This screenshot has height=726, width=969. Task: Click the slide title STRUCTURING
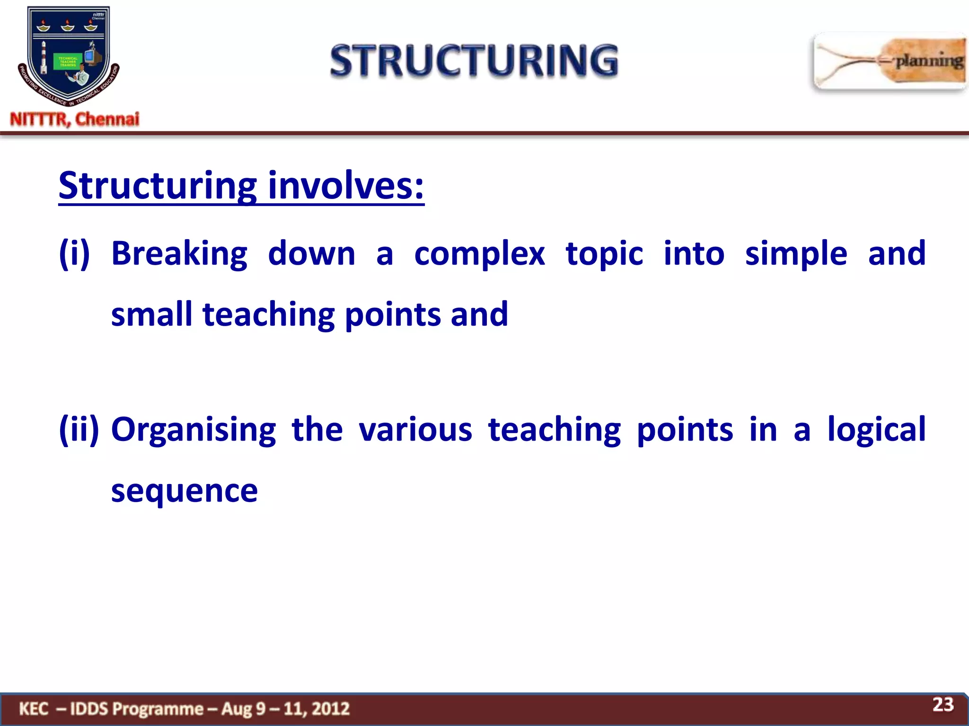point(474,60)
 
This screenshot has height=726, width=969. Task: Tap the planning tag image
point(890,61)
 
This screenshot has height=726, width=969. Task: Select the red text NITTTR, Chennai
point(75,119)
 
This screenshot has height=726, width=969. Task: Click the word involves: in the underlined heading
point(346,185)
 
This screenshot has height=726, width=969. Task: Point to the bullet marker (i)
point(74,254)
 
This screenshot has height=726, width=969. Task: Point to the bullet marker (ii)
point(79,430)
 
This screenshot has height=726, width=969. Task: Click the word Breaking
point(179,254)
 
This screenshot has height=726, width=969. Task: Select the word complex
point(479,254)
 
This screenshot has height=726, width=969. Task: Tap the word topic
point(604,254)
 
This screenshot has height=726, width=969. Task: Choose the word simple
point(796,254)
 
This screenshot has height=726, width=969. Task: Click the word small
point(151,314)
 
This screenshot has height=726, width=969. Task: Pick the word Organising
point(194,430)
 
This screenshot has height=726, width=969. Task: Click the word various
point(415,430)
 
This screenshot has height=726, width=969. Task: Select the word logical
point(876,430)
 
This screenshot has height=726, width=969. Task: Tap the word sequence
point(185,491)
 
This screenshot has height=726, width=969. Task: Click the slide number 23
point(943,705)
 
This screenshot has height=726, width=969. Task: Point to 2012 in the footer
point(331,709)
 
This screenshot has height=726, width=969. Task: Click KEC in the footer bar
point(34,709)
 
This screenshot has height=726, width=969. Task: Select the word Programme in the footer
point(158,709)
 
